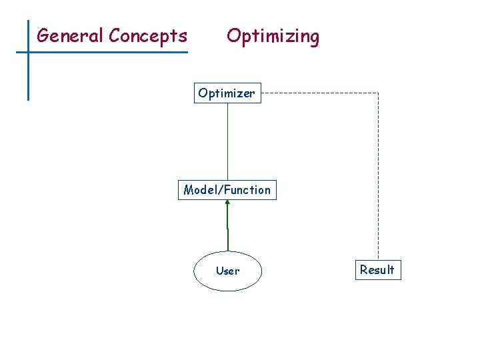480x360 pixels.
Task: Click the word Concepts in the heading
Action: (x=148, y=35)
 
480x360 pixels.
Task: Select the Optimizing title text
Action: (x=273, y=36)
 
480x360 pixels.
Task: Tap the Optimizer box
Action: (x=227, y=93)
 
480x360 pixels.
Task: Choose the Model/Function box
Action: (x=227, y=190)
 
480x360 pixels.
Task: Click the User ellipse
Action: (x=227, y=271)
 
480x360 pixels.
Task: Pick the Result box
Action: (x=377, y=270)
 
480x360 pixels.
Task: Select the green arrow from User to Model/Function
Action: (x=227, y=227)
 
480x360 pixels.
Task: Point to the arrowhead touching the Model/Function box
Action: (x=227, y=203)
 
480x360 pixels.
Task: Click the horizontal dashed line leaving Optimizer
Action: (x=320, y=93)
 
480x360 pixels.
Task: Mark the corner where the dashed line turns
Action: (x=378, y=93)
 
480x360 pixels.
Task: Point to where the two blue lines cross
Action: (x=29, y=52)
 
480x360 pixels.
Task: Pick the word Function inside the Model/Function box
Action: (x=247, y=190)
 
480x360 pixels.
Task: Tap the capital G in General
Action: (x=43, y=35)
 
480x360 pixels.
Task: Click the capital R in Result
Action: (x=364, y=270)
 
